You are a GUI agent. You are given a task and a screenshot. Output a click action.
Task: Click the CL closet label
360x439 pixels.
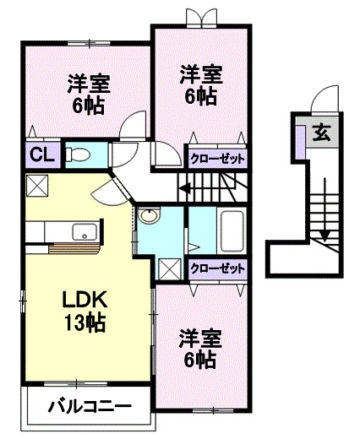(42, 154)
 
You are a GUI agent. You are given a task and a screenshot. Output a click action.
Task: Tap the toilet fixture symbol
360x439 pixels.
(78, 154)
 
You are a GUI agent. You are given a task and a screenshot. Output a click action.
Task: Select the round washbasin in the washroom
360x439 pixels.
(150, 216)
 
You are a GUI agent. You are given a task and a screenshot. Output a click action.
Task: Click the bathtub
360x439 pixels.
(232, 231)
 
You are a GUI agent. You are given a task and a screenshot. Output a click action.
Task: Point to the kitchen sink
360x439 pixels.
(86, 231)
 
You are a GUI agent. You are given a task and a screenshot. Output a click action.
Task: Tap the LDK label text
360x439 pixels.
(85, 300)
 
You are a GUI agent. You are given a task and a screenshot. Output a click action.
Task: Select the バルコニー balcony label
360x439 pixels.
(90, 406)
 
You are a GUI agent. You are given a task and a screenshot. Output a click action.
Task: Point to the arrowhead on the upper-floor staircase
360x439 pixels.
(185, 188)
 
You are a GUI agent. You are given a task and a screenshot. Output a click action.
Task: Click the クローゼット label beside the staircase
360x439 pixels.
(217, 160)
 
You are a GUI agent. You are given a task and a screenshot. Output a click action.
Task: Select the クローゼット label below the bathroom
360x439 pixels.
(217, 268)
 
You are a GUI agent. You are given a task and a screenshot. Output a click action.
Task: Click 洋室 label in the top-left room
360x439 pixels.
(89, 84)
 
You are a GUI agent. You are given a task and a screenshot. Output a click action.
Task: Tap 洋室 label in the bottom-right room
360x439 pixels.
(201, 339)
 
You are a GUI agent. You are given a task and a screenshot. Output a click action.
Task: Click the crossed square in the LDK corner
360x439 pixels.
(37, 186)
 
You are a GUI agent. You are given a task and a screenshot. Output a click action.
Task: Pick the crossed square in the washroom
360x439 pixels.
(170, 269)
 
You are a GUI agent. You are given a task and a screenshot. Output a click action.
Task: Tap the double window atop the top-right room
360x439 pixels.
(202, 19)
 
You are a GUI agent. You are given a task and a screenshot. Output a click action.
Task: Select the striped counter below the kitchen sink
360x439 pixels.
(74, 247)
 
